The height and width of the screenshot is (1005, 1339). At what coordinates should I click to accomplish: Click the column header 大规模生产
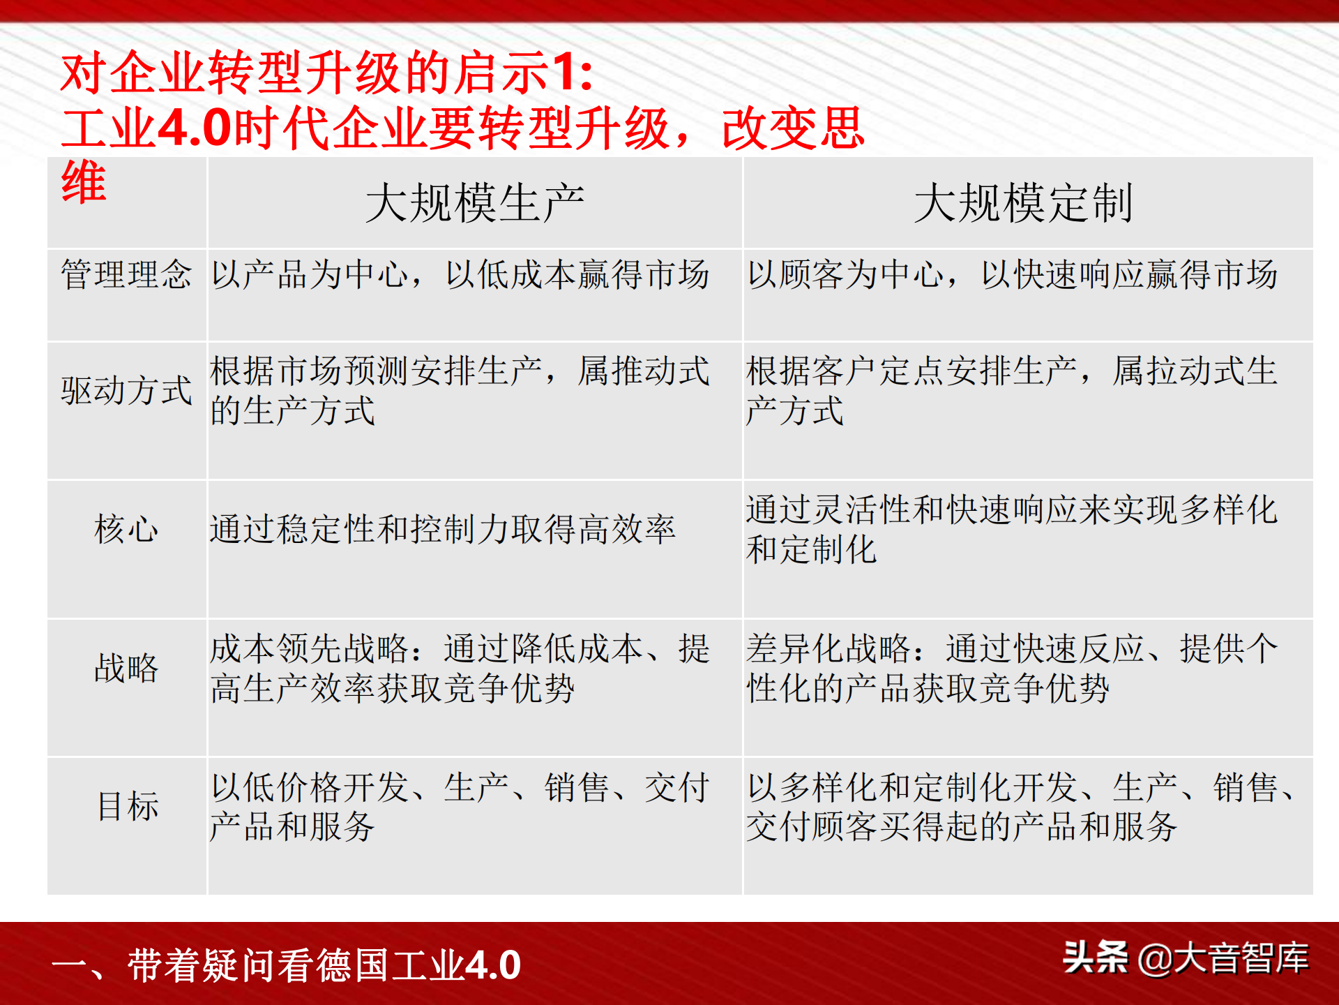pyautogui.click(x=475, y=203)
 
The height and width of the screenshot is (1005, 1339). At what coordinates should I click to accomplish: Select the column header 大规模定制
pyautogui.click(x=1023, y=203)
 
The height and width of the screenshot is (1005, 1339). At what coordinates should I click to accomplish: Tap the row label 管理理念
pyautogui.click(x=126, y=274)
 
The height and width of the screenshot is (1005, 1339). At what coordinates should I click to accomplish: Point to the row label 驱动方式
pyautogui.click(x=126, y=390)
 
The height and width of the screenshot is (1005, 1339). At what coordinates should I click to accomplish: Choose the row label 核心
pyautogui.click(x=126, y=529)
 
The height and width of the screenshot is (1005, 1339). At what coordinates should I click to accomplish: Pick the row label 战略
pyautogui.click(x=126, y=668)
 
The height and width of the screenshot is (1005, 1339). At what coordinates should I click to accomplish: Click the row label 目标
pyautogui.click(x=128, y=806)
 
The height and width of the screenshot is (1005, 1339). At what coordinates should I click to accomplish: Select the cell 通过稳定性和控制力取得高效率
pyautogui.click(x=443, y=529)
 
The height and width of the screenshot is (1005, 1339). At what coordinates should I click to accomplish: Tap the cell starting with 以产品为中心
pyautogui.click(x=460, y=274)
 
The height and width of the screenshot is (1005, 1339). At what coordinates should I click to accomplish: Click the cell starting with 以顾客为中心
pyautogui.click(x=1013, y=274)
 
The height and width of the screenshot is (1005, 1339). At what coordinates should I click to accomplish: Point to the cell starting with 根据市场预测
pyautogui.click(x=460, y=390)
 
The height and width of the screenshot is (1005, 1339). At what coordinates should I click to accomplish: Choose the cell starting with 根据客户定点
pyautogui.click(x=1012, y=390)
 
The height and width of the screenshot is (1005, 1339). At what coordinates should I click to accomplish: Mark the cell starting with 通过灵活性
pyautogui.click(x=1012, y=529)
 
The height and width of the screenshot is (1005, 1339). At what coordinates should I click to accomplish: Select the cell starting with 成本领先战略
pyautogui.click(x=460, y=668)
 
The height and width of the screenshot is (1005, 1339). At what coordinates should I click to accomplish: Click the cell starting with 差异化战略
pyautogui.click(x=1012, y=668)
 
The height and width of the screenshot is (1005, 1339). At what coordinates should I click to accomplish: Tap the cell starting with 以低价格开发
pyautogui.click(x=460, y=806)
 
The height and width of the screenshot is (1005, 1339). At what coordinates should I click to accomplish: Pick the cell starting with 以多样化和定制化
pyautogui.click(x=1020, y=806)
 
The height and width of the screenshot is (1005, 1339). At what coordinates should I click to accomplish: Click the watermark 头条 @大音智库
pyautogui.click(x=1186, y=958)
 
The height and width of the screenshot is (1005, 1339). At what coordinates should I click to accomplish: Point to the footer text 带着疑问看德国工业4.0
pyautogui.click(x=324, y=965)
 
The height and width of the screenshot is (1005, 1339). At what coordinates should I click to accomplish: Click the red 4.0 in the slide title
pyautogui.click(x=195, y=128)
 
